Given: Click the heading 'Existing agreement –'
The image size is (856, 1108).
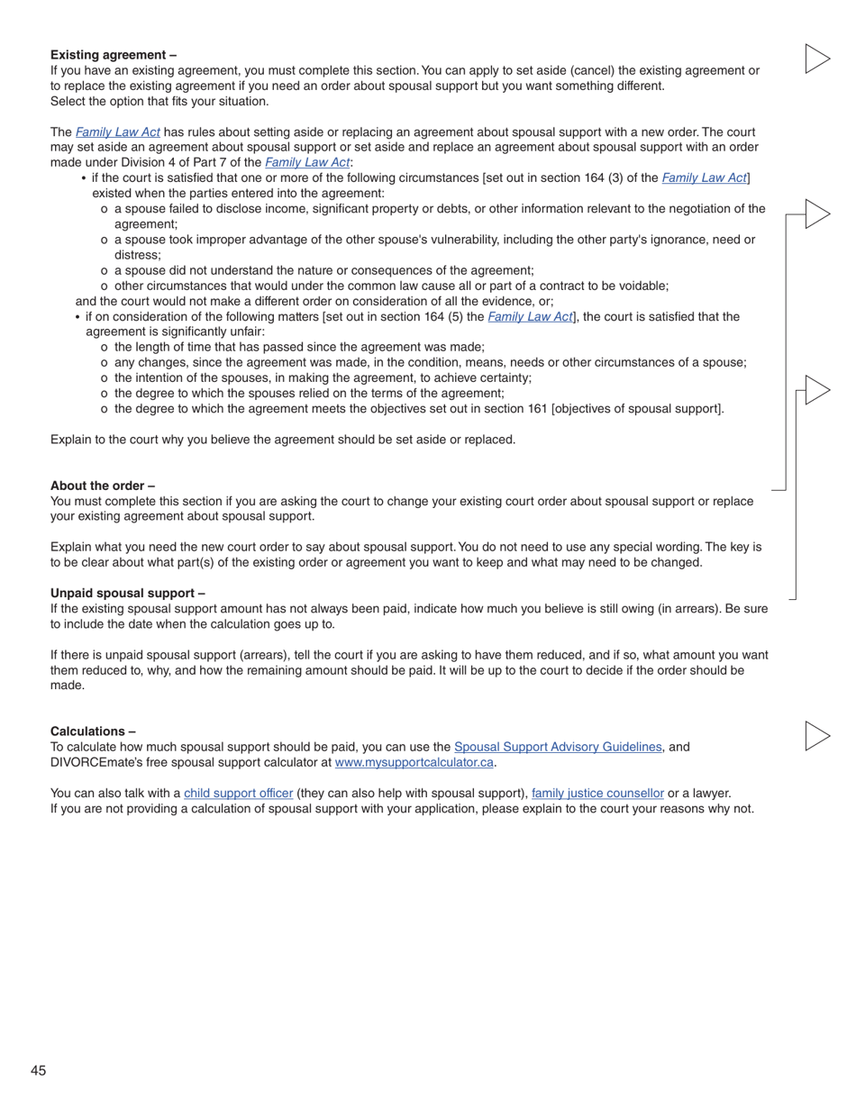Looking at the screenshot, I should [x=114, y=55].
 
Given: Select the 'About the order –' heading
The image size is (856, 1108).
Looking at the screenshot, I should [x=103, y=486].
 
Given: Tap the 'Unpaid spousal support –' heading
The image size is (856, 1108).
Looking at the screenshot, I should [x=127, y=593].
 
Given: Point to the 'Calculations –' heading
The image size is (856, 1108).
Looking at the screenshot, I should [x=93, y=731].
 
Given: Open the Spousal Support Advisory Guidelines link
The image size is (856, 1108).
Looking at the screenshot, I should [x=558, y=747].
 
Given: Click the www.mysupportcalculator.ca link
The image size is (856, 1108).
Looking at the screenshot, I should [x=414, y=762].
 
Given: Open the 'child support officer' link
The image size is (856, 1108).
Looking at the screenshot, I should [x=238, y=793].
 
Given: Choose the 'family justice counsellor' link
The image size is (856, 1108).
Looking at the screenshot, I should [x=597, y=793].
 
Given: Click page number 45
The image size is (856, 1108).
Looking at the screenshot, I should [x=38, y=1070].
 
